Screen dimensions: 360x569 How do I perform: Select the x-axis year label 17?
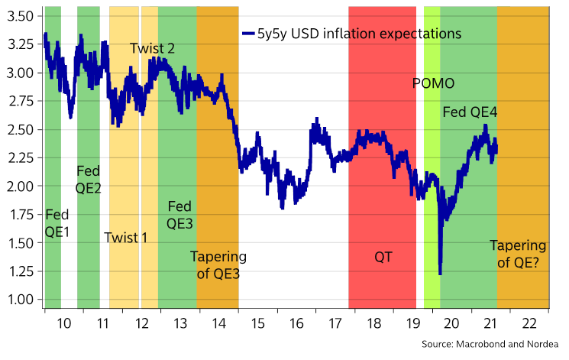pyautogui.click(x=335, y=323)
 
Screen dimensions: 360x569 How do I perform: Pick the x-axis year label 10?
pyautogui.click(x=64, y=323)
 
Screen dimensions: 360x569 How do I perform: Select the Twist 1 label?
pyautogui.click(x=125, y=237)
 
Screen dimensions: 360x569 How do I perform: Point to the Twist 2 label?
pyautogui.click(x=152, y=48)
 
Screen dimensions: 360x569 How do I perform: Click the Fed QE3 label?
pyautogui.click(x=180, y=215)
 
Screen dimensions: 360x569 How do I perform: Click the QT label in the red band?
pyautogui.click(x=383, y=257)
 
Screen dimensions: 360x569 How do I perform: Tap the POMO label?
pyautogui.click(x=433, y=83)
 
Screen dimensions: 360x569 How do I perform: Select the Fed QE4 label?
pyautogui.click(x=470, y=112)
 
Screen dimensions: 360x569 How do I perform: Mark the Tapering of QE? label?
pyautogui.click(x=518, y=255)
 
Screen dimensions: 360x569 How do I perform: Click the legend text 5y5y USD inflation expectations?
pyautogui.click(x=359, y=34)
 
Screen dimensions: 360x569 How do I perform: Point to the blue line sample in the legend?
pyautogui.click(x=248, y=34)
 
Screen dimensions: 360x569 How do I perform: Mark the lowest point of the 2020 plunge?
pyautogui.click(x=441, y=274)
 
